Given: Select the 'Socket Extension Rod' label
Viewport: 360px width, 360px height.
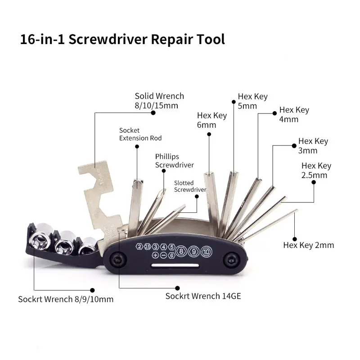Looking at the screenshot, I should coord(140,134).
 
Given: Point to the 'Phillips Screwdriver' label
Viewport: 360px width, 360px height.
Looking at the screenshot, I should coord(174,161).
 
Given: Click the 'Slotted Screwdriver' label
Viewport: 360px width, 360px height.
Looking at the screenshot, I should coord(189,186).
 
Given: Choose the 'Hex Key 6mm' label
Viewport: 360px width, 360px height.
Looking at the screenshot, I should coord(212,120).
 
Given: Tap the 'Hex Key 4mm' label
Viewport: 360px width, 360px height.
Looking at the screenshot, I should coord(294,115).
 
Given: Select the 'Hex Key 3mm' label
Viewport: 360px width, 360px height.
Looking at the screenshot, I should coord(313,145).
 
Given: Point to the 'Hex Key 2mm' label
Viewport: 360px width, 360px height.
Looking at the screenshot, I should coord(308,245).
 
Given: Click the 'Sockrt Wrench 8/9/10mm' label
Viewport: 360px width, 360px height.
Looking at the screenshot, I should coord(66,299).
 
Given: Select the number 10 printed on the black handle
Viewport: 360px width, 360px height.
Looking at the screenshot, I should coord(206,251).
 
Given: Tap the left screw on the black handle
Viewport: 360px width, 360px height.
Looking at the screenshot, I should coord(117,260).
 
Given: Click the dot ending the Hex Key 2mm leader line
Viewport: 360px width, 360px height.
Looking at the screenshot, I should coord(294,238).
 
